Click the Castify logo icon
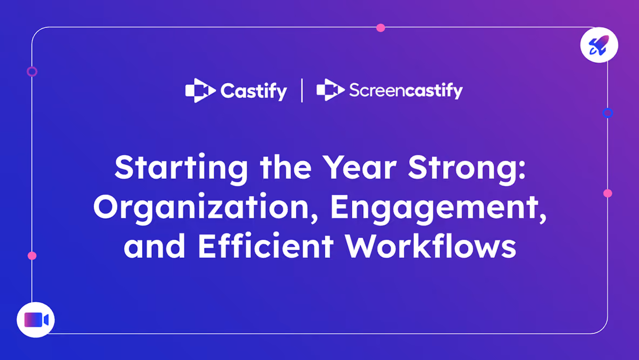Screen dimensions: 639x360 [x=200, y=90]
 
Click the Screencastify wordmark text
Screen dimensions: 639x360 [x=406, y=91]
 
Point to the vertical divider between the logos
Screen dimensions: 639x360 [x=301, y=90]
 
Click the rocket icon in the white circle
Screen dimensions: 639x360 [x=599, y=45]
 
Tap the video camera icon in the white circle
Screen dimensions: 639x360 [x=36, y=320]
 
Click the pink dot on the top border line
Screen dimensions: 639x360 [x=381, y=28]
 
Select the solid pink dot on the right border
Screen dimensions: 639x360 [x=608, y=194]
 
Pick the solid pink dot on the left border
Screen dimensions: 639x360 [x=32, y=256]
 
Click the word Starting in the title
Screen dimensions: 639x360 [x=181, y=169]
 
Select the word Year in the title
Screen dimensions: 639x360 [x=359, y=167]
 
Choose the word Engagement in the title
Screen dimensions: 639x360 [x=438, y=208]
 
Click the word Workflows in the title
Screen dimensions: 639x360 [x=431, y=246]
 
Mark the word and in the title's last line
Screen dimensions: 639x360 [x=154, y=246]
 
